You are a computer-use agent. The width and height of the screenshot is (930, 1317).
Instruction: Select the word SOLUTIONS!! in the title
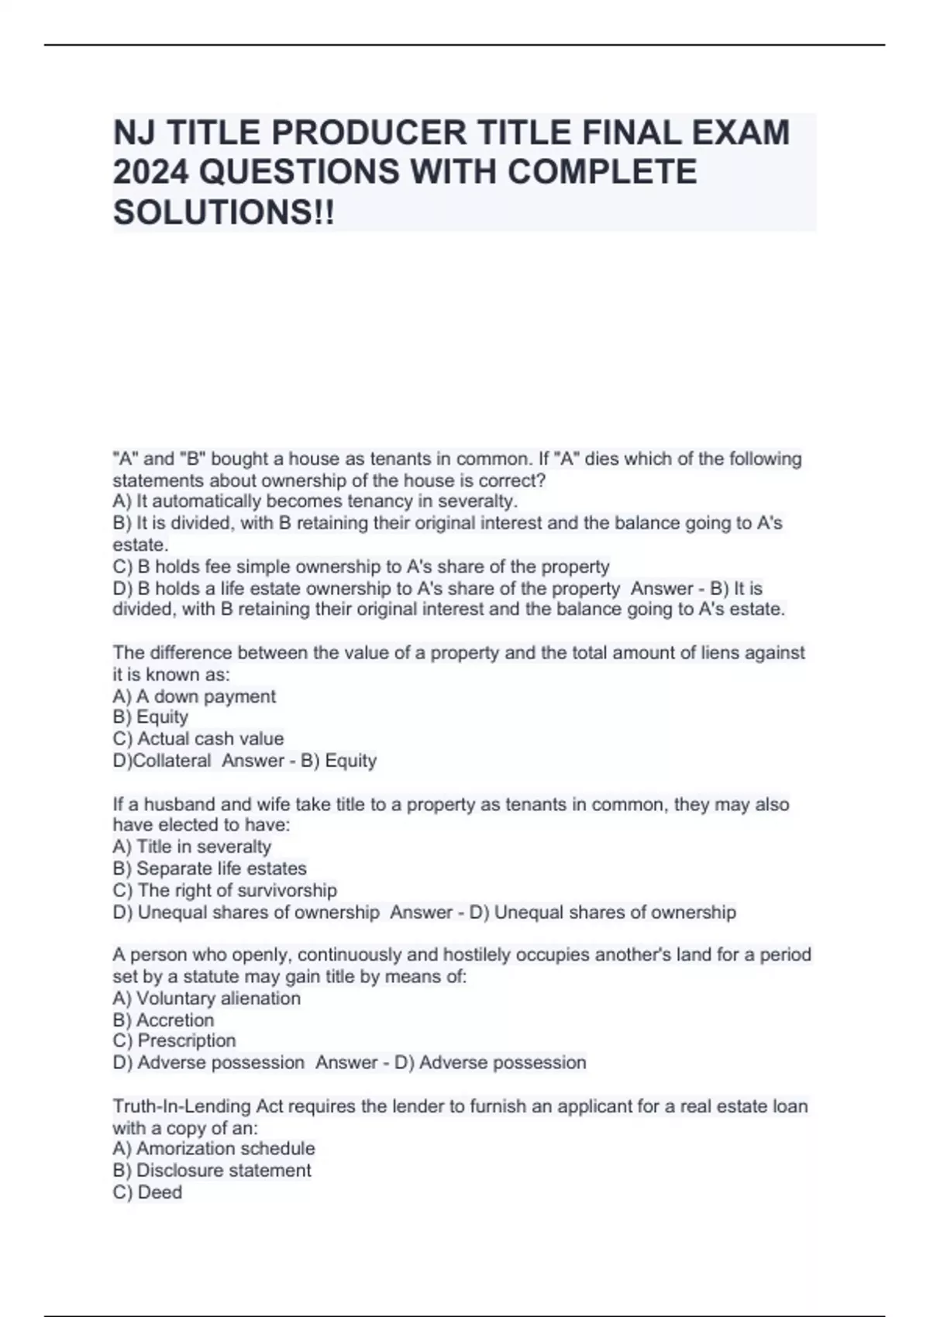(x=224, y=211)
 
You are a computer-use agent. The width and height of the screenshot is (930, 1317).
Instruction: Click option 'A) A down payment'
(x=194, y=696)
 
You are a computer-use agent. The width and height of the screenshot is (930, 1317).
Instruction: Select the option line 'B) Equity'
(x=150, y=717)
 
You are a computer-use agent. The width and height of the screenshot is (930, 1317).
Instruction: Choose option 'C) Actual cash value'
(x=198, y=738)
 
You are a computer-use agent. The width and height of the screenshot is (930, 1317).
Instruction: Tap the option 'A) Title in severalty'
(x=191, y=847)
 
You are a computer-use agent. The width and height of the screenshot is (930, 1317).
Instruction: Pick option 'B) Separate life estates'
(x=209, y=868)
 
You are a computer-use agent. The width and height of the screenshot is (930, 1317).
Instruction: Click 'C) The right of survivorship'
(x=225, y=890)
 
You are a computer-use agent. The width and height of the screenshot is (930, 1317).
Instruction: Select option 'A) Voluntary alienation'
(x=206, y=999)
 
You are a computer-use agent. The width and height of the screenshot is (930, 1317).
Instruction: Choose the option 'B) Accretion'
(x=163, y=1020)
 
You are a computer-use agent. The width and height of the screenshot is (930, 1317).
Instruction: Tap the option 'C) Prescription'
(x=174, y=1040)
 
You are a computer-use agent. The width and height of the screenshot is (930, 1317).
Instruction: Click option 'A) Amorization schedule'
(x=214, y=1148)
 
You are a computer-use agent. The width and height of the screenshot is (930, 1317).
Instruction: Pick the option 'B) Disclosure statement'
(x=212, y=1170)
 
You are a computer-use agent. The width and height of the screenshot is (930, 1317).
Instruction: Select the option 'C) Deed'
(x=147, y=1192)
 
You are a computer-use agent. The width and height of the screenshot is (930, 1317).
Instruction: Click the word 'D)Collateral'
(x=161, y=761)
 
